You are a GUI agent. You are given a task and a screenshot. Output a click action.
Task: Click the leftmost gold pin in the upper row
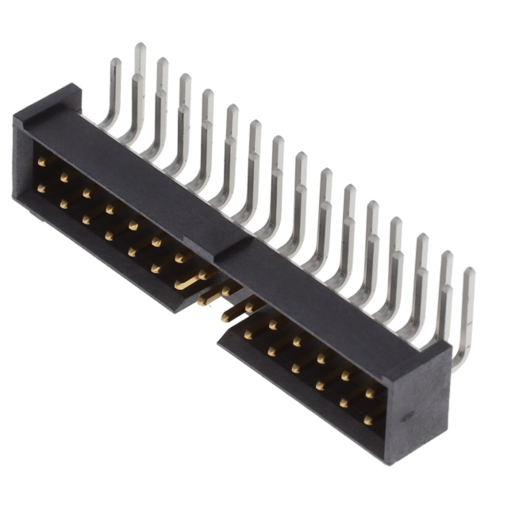[x=41, y=162]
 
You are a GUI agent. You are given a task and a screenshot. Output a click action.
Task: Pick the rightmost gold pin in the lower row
[x=368, y=420]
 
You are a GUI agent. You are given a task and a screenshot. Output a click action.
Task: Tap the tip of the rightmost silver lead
[x=469, y=271]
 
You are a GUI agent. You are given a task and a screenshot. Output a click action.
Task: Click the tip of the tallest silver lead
[x=140, y=47]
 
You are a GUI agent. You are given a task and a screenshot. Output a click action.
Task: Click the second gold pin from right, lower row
[x=344, y=403]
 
